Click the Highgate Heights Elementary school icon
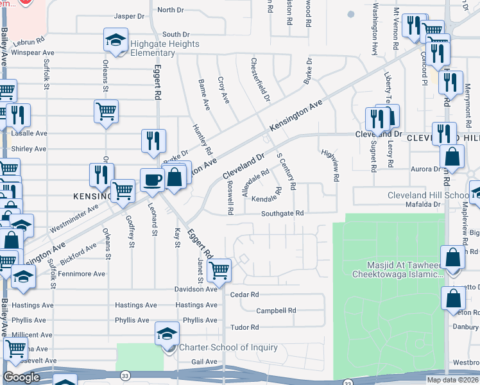click(115, 42)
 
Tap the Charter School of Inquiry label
click(228, 348)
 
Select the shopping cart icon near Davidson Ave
click(219, 269)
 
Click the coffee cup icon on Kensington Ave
click(152, 180)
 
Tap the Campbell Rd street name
click(276, 311)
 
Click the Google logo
click(21, 377)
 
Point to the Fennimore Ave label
click(82, 274)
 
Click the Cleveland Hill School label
click(428, 195)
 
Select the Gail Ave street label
click(204, 362)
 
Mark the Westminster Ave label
click(74, 218)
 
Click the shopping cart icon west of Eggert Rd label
click(106, 111)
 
